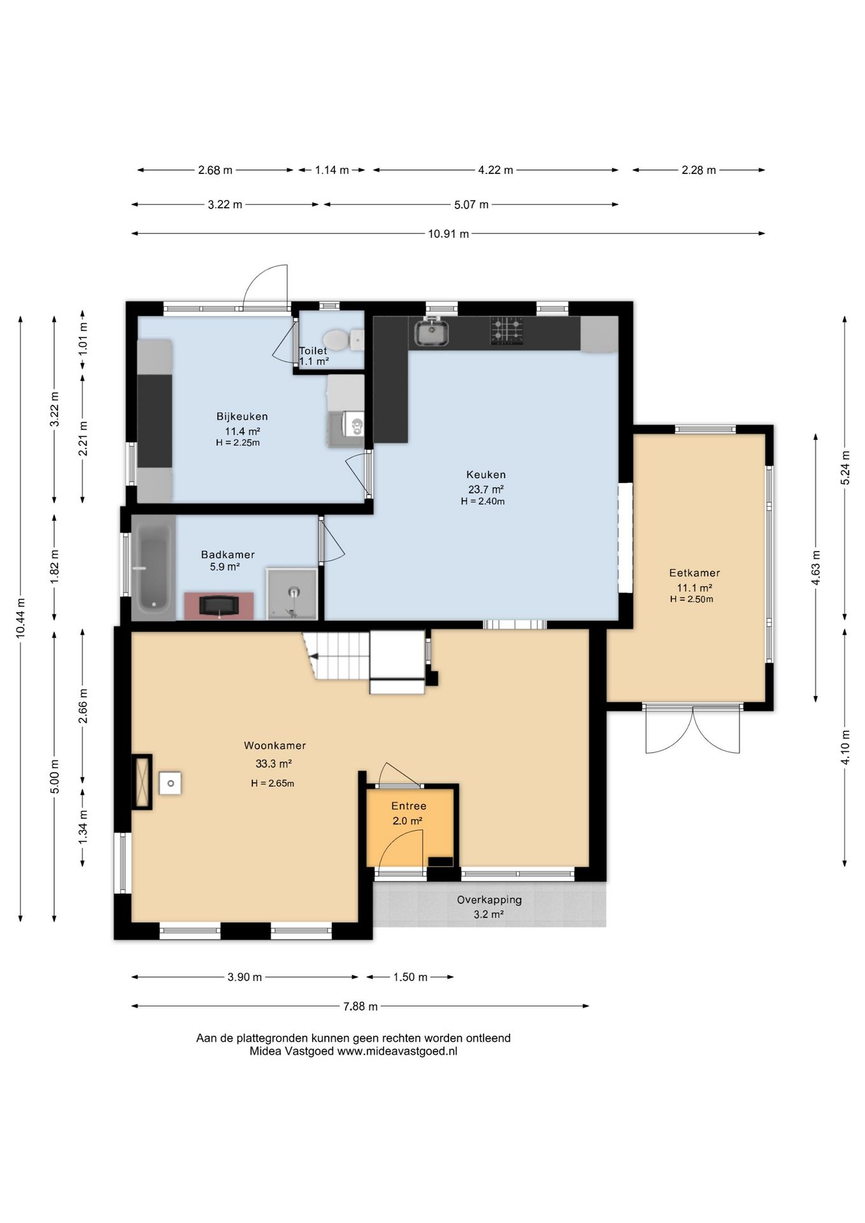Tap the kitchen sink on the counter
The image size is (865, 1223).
431,332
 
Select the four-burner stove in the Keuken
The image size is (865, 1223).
507,332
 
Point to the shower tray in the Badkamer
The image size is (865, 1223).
292,594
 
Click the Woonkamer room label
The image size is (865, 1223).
275,745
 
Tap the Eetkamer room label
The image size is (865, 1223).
694,573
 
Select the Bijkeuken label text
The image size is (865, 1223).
242,417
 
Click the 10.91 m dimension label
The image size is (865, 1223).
448,234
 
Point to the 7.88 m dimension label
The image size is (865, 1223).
361,1006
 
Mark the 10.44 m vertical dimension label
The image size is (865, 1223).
20,619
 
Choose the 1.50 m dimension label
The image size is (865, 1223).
410,977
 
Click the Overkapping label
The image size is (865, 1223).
489,900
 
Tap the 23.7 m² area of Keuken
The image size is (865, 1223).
486,489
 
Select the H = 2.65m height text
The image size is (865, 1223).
273,783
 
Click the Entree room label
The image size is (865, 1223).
409,806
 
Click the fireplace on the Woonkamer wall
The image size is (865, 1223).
142,782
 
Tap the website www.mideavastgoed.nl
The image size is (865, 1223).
397,1051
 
